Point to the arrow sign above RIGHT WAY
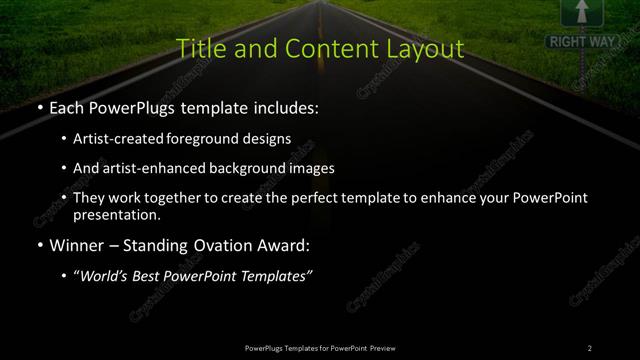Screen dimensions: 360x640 [577, 12]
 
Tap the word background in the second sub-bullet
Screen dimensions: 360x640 [246, 168]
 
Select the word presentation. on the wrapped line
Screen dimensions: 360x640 [117, 214]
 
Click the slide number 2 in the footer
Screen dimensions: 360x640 [590, 348]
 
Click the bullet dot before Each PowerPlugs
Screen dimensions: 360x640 [38, 107]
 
